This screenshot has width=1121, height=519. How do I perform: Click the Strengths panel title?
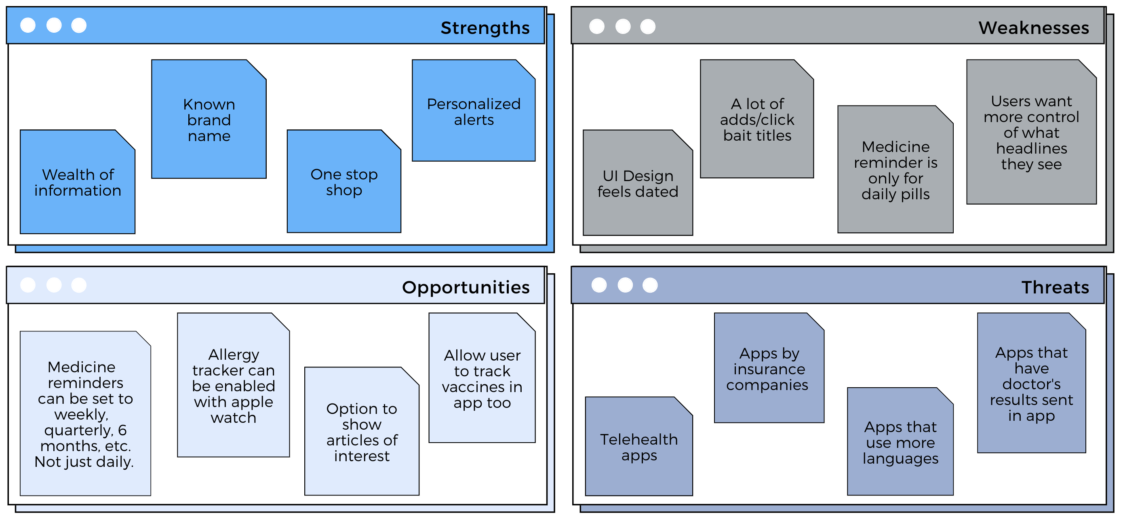(x=485, y=28)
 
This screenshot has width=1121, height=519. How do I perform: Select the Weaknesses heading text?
(x=1034, y=28)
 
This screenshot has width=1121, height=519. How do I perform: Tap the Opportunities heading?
(x=466, y=287)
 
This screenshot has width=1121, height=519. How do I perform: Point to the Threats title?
(x=1055, y=287)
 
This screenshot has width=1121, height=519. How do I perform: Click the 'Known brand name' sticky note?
(x=209, y=119)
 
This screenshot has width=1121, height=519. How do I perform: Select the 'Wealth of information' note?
(x=78, y=182)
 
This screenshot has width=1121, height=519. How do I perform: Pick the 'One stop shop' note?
(x=344, y=181)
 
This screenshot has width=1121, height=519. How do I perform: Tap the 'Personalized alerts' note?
(x=474, y=111)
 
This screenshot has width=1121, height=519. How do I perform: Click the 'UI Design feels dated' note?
(x=638, y=183)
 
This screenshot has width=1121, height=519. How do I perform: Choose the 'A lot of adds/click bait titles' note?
(x=757, y=119)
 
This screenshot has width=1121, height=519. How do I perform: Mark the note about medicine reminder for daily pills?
(x=896, y=169)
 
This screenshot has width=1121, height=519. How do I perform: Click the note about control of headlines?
(x=1031, y=132)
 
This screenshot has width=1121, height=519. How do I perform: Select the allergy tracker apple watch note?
(x=234, y=385)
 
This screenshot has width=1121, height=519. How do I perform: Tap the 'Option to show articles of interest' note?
(x=362, y=431)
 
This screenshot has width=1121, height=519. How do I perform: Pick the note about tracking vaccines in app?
(x=482, y=378)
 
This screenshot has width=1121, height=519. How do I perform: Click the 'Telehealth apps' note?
(x=639, y=446)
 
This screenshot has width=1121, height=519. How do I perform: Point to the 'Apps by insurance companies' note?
(x=769, y=368)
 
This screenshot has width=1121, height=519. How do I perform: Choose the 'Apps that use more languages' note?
(x=900, y=441)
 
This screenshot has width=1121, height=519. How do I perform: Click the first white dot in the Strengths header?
(x=28, y=25)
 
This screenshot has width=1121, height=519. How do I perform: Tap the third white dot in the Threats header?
(x=650, y=285)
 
